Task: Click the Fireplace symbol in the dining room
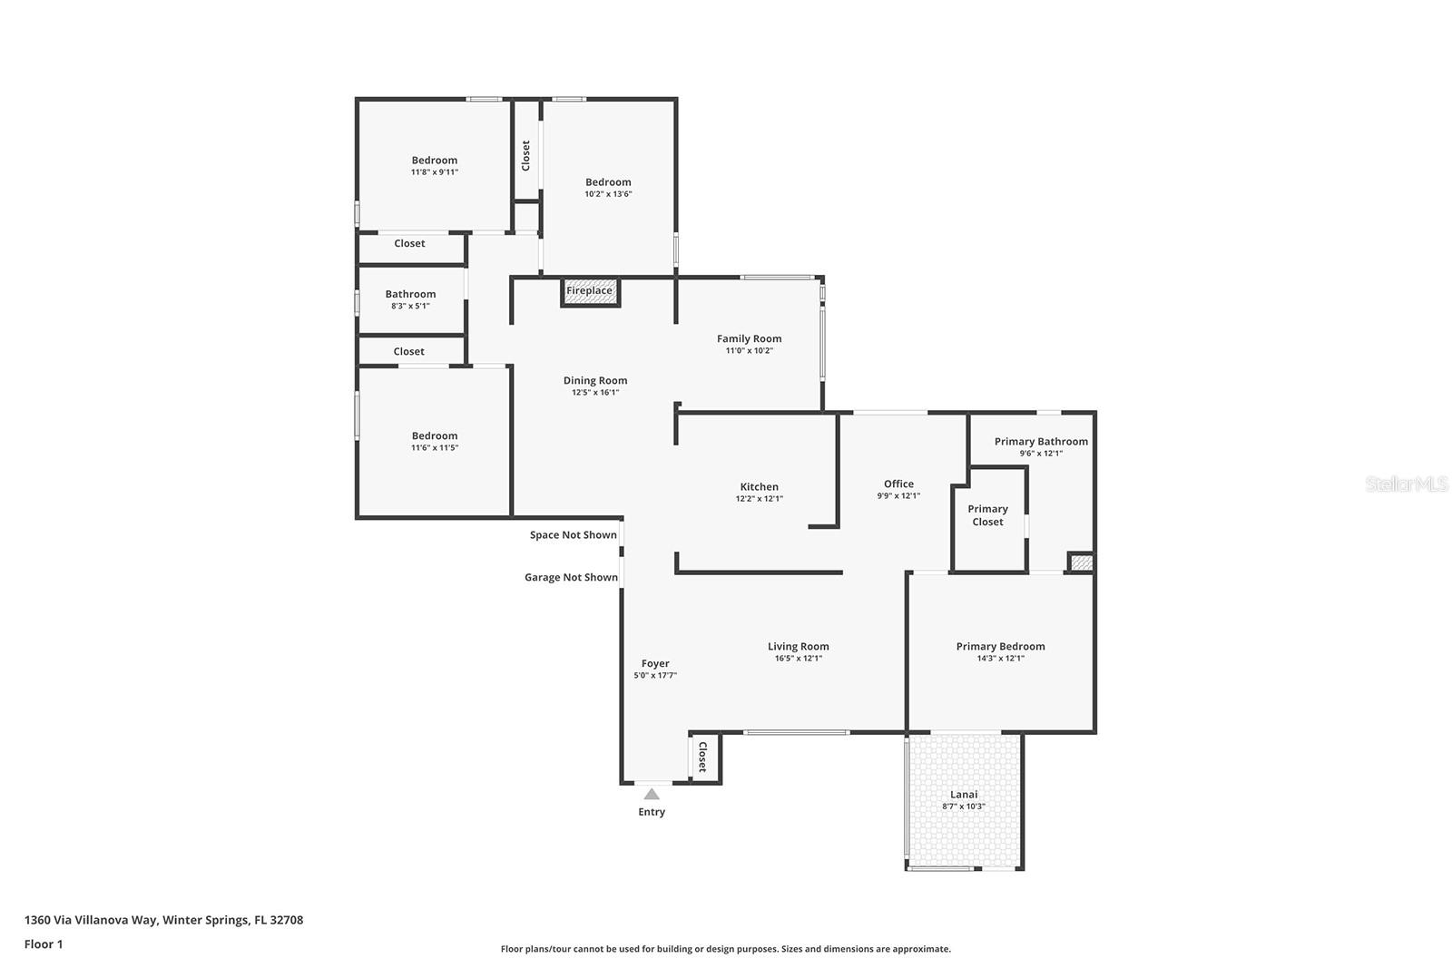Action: pyautogui.click(x=590, y=292)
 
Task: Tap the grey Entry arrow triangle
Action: pyautogui.click(x=652, y=795)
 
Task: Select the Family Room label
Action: pyautogui.click(x=749, y=338)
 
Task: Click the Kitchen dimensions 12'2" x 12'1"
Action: pyautogui.click(x=759, y=499)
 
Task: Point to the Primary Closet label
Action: pyautogui.click(x=987, y=515)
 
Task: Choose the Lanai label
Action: pyautogui.click(x=964, y=794)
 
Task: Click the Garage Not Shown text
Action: pyautogui.click(x=571, y=577)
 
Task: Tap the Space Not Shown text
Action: pyautogui.click(x=573, y=535)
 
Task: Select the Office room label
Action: pyautogui.click(x=898, y=484)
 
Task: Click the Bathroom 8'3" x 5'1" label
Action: pyautogui.click(x=410, y=299)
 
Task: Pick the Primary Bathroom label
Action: pyautogui.click(x=1041, y=442)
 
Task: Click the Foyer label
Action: pyautogui.click(x=655, y=663)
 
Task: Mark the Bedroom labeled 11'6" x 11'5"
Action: pyautogui.click(x=435, y=441)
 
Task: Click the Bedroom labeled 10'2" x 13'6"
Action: pyautogui.click(x=608, y=187)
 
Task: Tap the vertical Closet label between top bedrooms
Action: pyautogui.click(x=525, y=155)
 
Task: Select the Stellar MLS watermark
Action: pyautogui.click(x=1406, y=484)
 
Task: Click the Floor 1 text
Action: pyautogui.click(x=44, y=944)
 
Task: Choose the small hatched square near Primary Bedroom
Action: pyautogui.click(x=1080, y=563)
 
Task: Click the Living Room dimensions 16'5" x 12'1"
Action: pyautogui.click(x=798, y=659)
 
